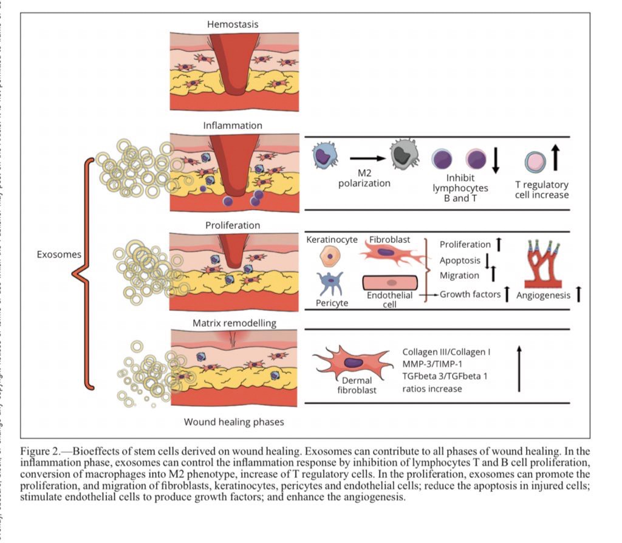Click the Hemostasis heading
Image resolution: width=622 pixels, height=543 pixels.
pyautogui.click(x=233, y=24)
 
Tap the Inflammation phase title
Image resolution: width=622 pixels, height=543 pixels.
pyautogui.click(x=233, y=126)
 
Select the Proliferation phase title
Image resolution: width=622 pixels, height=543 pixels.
pyautogui.click(x=233, y=225)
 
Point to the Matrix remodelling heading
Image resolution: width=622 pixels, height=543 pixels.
pyautogui.click(x=234, y=323)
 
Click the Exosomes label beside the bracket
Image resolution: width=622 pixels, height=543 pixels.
pyautogui.click(x=58, y=254)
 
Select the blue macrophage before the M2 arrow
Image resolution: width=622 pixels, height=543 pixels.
pyautogui.click(x=326, y=157)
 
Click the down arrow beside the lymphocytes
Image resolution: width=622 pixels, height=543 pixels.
pyautogui.click(x=495, y=159)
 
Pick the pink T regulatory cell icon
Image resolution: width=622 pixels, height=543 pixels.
pyautogui.click(x=535, y=162)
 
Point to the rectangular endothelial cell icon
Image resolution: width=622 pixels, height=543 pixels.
pyautogui.click(x=390, y=282)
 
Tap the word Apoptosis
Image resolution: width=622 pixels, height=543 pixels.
pyautogui.click(x=459, y=260)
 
